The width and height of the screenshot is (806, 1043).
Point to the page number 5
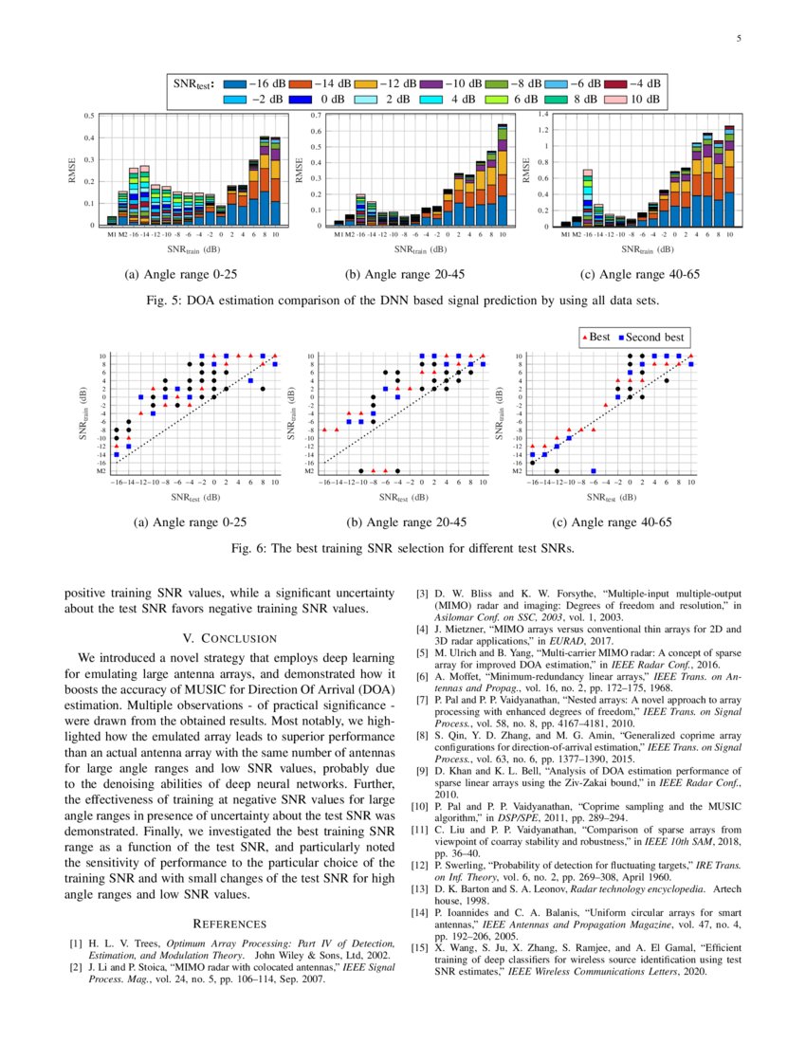click(738, 39)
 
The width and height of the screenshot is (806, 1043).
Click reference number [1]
click(76, 944)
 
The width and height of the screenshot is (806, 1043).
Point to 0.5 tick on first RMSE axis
click(89, 116)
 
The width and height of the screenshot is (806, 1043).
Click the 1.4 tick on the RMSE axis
click(544, 114)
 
